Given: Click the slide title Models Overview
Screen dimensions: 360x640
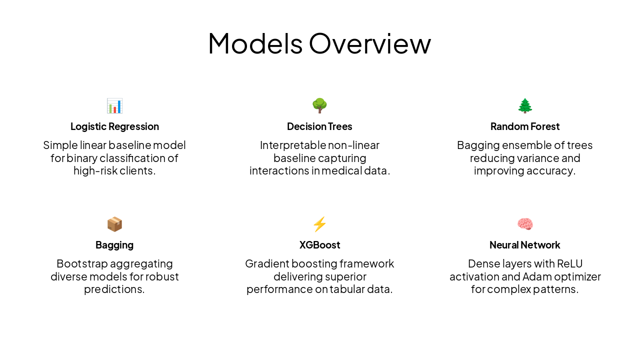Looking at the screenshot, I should (319, 43).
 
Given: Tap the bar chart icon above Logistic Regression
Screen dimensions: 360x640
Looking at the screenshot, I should (114, 105).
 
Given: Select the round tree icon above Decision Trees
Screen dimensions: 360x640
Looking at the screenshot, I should (319, 105).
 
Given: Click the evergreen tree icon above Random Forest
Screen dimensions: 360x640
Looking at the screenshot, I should (525, 105).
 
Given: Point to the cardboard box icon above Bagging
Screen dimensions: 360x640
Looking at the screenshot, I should (114, 224).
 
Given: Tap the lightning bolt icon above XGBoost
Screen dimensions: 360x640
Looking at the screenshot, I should (319, 224).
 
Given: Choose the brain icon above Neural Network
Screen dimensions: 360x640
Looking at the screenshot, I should (525, 224).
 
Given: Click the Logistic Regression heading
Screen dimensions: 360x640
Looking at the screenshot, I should (114, 126).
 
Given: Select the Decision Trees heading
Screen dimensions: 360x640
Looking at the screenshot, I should (319, 126).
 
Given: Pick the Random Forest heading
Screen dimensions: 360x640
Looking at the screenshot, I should (525, 126).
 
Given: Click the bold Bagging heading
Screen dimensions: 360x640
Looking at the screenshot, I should (114, 245).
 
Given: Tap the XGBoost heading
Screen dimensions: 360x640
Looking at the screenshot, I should (319, 245).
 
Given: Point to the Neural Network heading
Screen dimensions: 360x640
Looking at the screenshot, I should (525, 245).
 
